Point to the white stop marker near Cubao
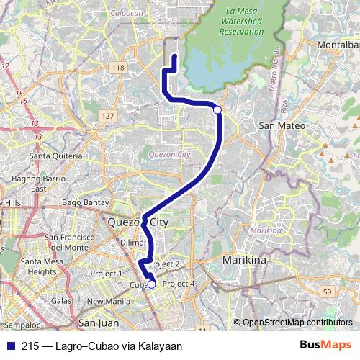pyautogui.click(x=151, y=284)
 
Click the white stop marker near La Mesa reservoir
pyautogui.click(x=217, y=109)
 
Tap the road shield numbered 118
pyautogui.click(x=119, y=67)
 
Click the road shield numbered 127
pyautogui.click(x=108, y=116)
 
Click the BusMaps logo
pyautogui.click(x=325, y=346)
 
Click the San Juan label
pyautogui.click(x=98, y=323)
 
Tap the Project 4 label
pyautogui.click(x=179, y=284)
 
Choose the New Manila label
pyautogui.click(x=108, y=302)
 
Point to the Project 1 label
pyautogui.click(x=106, y=274)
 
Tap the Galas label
pyautogui.click(x=62, y=300)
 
